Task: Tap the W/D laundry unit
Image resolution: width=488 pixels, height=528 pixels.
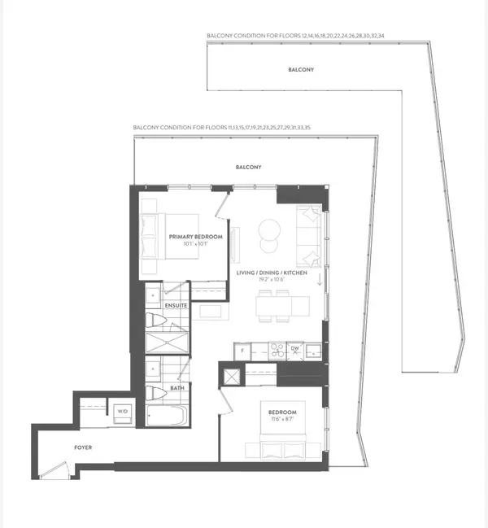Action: tap(123, 412)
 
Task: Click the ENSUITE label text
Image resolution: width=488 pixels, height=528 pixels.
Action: tap(176, 305)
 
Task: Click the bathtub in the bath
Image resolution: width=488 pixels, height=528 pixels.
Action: tap(167, 417)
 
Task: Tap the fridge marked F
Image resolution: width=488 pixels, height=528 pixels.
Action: tap(243, 351)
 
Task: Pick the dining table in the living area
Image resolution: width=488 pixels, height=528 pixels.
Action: tap(282, 306)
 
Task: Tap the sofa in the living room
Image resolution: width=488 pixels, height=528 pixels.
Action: tap(310, 238)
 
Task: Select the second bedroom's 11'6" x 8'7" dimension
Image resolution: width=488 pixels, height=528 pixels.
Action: tap(283, 421)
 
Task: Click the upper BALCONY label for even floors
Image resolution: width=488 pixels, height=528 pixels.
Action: tap(301, 70)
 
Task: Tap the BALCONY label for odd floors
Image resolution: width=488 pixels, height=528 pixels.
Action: tap(248, 167)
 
